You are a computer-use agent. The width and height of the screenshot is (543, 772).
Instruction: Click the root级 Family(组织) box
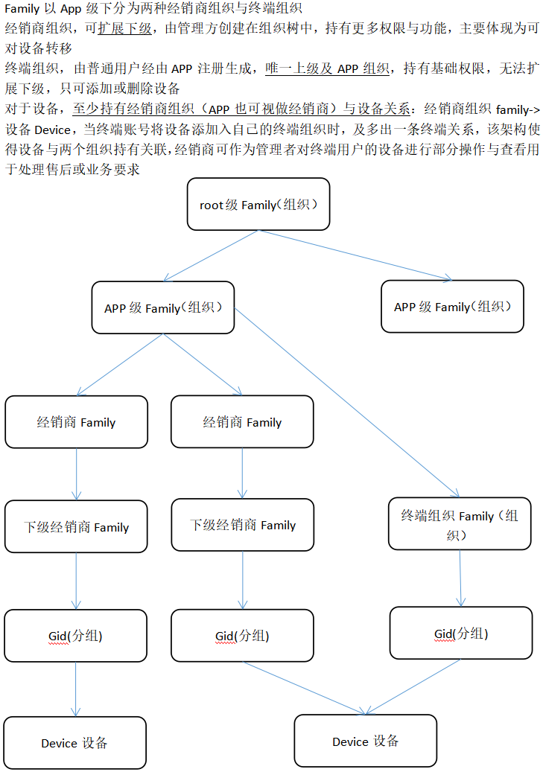click(258, 203)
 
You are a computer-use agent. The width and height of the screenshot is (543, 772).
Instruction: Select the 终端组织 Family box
click(460, 523)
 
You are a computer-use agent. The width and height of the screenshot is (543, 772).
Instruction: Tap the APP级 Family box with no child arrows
click(452, 306)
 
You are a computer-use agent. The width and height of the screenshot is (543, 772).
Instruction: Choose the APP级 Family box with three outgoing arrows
click(163, 307)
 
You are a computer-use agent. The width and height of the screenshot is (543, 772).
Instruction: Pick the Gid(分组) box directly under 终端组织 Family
click(461, 633)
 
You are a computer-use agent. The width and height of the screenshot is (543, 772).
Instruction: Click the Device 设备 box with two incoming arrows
click(365, 741)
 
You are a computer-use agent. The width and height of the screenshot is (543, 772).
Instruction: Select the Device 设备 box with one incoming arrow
click(74, 742)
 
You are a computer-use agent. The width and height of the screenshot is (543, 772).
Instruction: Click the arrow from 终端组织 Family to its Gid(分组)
click(460, 577)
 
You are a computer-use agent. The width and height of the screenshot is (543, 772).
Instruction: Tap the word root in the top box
click(212, 205)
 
